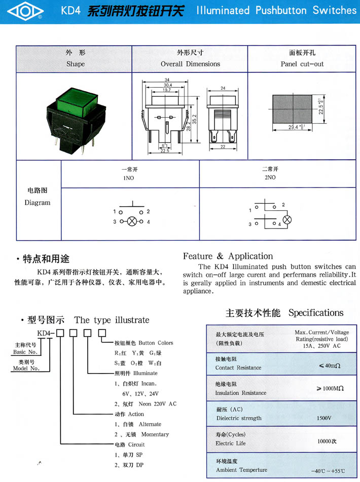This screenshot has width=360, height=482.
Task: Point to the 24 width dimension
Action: [223, 88]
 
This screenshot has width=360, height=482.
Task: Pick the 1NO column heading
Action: [129, 178]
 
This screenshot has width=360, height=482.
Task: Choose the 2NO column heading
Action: [270, 177]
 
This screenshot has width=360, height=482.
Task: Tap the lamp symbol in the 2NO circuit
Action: [286, 219]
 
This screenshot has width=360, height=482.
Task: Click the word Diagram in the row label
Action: [38, 203]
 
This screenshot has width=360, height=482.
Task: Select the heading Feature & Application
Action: [228, 256]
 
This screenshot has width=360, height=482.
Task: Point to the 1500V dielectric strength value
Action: [323, 418]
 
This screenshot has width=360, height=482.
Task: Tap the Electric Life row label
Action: [230, 443]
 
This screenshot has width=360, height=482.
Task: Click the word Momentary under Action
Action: [155, 434]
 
